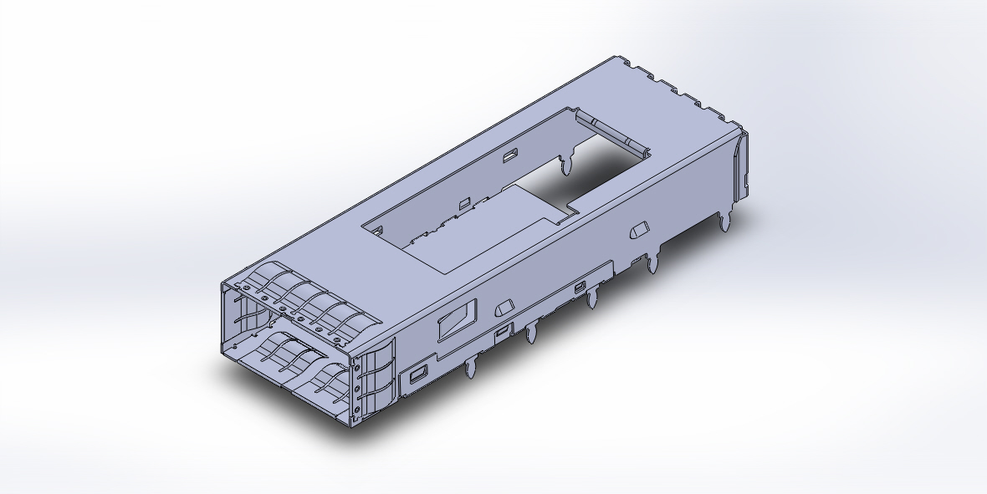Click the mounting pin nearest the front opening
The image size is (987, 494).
pos(470,368)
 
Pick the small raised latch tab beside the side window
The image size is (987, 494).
pos(504,308)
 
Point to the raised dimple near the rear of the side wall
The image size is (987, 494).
pos(641,229)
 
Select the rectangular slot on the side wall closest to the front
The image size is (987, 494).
pos(417,375)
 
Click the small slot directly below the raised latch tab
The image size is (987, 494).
pos(502,332)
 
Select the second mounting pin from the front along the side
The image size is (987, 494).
pos(530,334)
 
